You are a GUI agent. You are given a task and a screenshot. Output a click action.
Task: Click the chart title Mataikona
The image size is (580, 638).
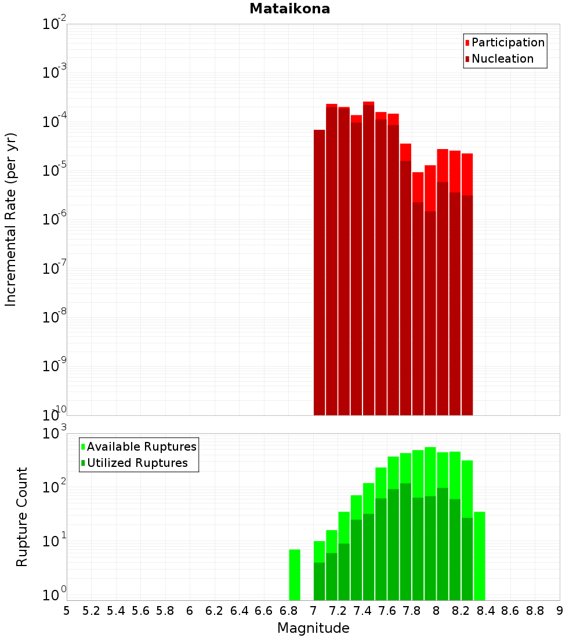pyautogui.click(x=289, y=9)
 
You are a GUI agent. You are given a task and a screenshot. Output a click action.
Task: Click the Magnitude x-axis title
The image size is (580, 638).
pyautogui.click(x=313, y=628)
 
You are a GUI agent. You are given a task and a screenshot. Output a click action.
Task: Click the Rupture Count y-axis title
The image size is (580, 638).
pyautogui.click(x=22, y=517)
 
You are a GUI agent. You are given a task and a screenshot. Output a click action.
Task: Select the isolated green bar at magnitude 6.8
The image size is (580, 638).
pyautogui.click(x=295, y=574)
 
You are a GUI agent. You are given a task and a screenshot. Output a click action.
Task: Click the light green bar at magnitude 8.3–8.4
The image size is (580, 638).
pyautogui.click(x=480, y=556)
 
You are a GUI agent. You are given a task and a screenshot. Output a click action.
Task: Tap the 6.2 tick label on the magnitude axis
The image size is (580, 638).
pyautogui.click(x=215, y=611)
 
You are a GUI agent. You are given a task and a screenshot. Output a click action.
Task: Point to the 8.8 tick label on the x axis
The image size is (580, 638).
pyautogui.click(x=535, y=611)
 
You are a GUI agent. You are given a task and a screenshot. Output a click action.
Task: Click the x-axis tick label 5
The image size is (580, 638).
pyautogui.click(x=67, y=611)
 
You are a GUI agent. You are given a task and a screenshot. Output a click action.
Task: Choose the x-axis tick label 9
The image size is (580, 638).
pyautogui.click(x=560, y=611)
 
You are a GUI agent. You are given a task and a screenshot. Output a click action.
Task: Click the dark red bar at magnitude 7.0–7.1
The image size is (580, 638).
pyautogui.click(x=320, y=273)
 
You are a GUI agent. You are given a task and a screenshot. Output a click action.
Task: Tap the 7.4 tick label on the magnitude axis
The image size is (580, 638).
pyautogui.click(x=362, y=611)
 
